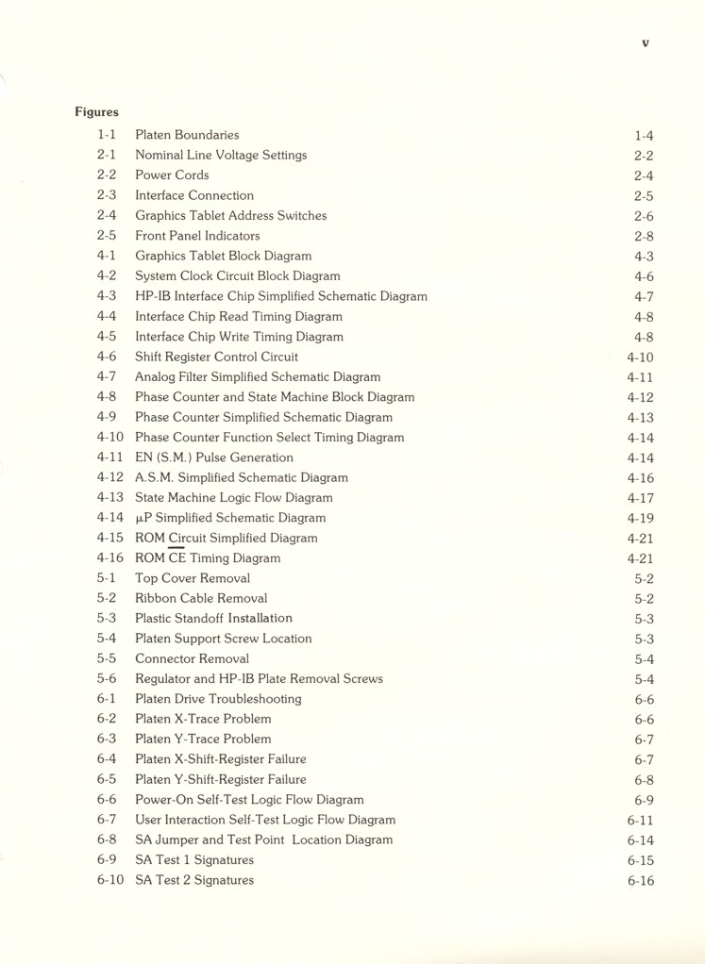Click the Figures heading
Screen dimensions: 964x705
[x=96, y=112]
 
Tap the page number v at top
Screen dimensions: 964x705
[x=646, y=42]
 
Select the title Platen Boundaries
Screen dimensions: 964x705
[x=187, y=135]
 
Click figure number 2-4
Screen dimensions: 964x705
[x=106, y=215]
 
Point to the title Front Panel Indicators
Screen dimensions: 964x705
[x=197, y=236]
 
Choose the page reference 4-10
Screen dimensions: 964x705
[x=640, y=357]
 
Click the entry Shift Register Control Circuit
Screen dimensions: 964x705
[x=216, y=357]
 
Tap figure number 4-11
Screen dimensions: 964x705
[x=109, y=457]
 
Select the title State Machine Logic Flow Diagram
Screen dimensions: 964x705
[x=233, y=498]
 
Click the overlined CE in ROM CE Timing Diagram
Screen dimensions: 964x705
[x=177, y=558]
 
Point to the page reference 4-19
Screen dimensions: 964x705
[x=640, y=519]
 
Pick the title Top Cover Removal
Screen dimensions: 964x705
[x=193, y=578]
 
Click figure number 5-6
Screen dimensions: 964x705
[x=106, y=679]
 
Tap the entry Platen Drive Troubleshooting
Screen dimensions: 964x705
[x=218, y=699]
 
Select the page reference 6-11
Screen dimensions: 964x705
[x=640, y=821]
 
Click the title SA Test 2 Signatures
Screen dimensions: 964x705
[x=194, y=880]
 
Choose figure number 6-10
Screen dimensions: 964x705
[x=109, y=880]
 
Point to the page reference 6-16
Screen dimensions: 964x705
[x=640, y=881]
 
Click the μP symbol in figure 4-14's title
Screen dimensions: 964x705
[x=143, y=519]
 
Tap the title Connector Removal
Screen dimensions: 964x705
[x=192, y=658]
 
